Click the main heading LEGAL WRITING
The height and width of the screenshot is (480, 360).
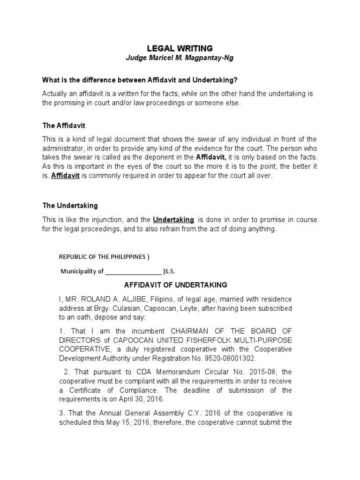pyautogui.click(x=180, y=48)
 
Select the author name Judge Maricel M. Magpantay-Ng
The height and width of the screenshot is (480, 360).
pyautogui.click(x=180, y=58)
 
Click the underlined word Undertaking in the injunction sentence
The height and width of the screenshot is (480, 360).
pyautogui.click(x=173, y=219)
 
